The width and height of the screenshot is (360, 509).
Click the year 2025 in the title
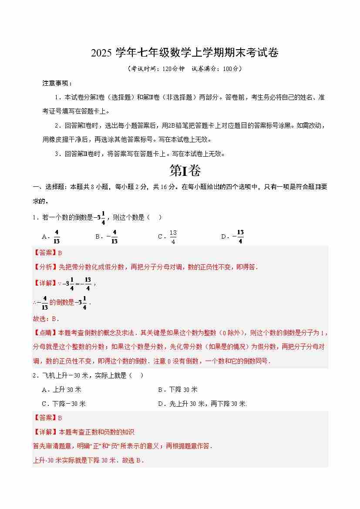click(x=101, y=53)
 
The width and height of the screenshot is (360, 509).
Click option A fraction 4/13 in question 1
click(x=57, y=236)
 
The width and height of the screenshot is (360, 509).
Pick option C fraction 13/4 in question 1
click(x=173, y=236)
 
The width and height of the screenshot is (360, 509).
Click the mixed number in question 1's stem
click(x=100, y=217)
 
